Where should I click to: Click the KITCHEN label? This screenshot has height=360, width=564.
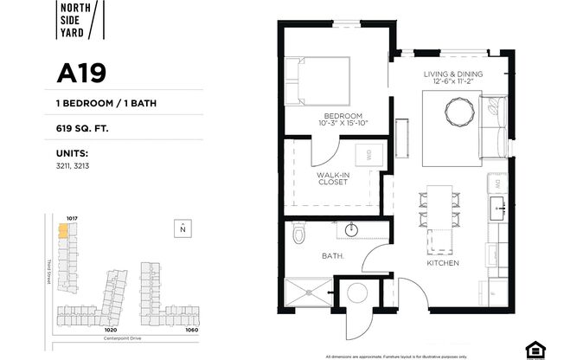442,262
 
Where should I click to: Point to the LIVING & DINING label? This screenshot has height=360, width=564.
453,75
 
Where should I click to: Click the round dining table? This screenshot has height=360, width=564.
458,111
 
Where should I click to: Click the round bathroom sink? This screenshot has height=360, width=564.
351,230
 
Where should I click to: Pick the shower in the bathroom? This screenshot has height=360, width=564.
306,292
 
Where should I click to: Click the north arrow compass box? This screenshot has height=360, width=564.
182,228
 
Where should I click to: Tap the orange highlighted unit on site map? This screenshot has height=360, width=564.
62,231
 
